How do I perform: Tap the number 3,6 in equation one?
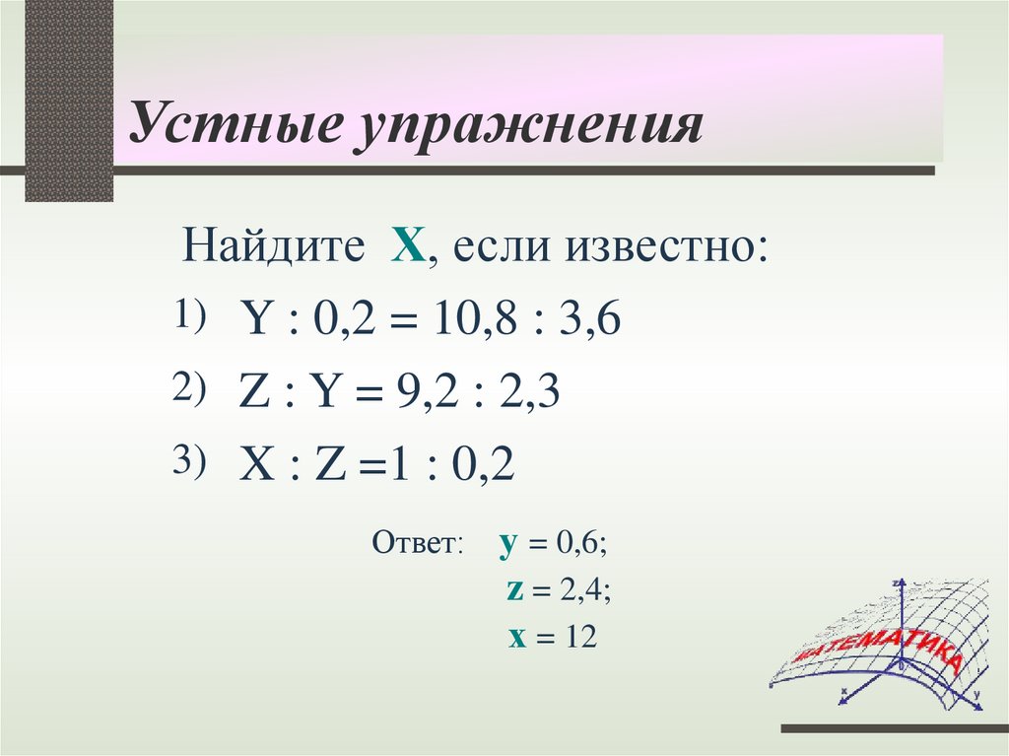click(x=589, y=321)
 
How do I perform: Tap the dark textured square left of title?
click(x=68, y=99)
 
